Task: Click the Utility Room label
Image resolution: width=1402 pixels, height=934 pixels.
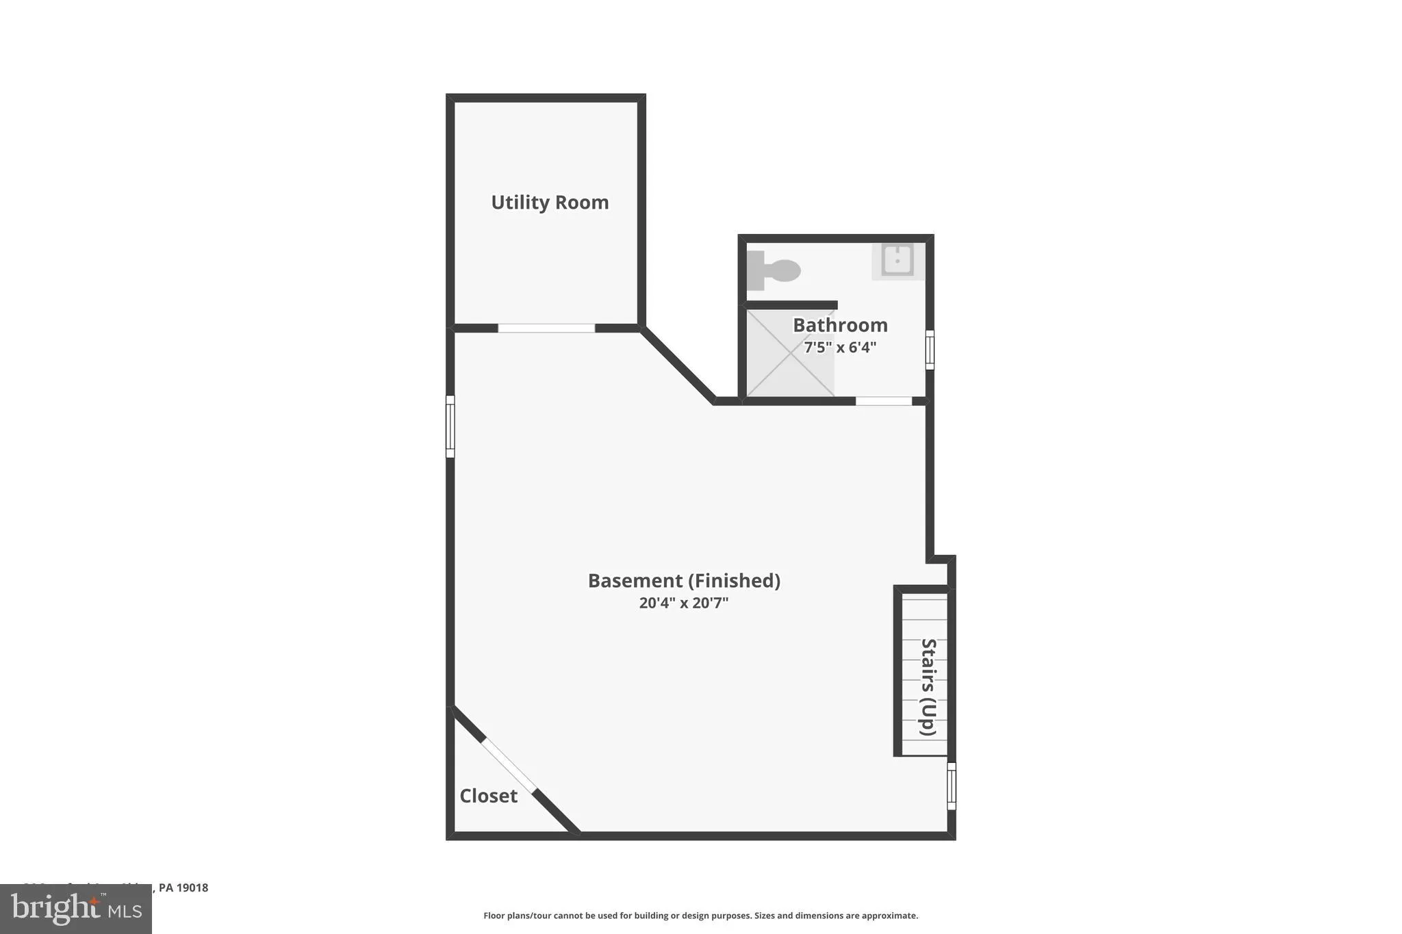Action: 550,203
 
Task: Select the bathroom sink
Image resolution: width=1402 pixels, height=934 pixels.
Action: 897,261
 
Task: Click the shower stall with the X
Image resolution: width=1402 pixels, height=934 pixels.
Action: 789,353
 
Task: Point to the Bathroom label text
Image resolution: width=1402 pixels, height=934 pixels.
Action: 840,325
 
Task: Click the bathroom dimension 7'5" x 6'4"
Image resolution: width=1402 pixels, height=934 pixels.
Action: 840,348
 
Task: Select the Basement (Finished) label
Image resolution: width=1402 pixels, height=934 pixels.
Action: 684,581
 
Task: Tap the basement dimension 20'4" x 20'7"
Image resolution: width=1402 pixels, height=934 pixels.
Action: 684,603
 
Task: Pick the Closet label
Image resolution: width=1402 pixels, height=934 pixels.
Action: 488,796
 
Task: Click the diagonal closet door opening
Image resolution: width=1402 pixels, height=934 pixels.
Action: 509,765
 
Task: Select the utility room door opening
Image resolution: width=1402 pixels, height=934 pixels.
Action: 546,328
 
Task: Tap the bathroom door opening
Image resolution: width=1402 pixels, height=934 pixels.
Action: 884,401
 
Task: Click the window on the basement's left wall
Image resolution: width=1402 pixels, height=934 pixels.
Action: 450,426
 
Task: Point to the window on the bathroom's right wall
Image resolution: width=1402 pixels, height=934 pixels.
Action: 930,350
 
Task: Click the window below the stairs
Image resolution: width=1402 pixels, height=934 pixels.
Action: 952,786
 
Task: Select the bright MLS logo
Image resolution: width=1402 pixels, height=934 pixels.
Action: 76,909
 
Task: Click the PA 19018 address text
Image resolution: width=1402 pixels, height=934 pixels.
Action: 183,888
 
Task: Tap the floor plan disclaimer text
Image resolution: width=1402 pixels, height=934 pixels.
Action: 700,916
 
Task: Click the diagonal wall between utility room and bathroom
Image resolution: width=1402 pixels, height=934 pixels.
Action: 678,365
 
